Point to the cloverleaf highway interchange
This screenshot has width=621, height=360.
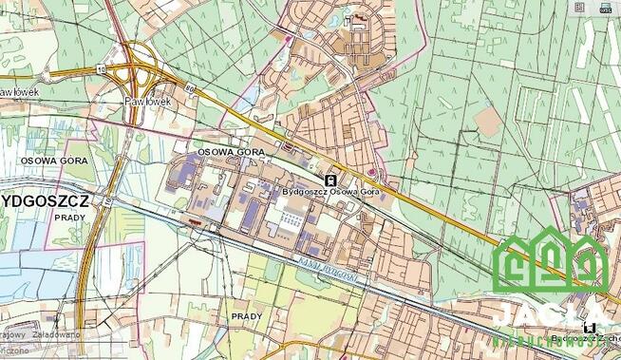pyautogui.click(x=137, y=66)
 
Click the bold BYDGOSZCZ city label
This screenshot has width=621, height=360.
pyautogui.click(x=45, y=201)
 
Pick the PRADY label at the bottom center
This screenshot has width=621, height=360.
pyautogui.click(x=246, y=314)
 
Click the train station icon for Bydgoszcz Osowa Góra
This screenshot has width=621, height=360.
pyautogui.click(x=329, y=178)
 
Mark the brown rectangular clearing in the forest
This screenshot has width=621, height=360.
pyautogui.click(x=489, y=121)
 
